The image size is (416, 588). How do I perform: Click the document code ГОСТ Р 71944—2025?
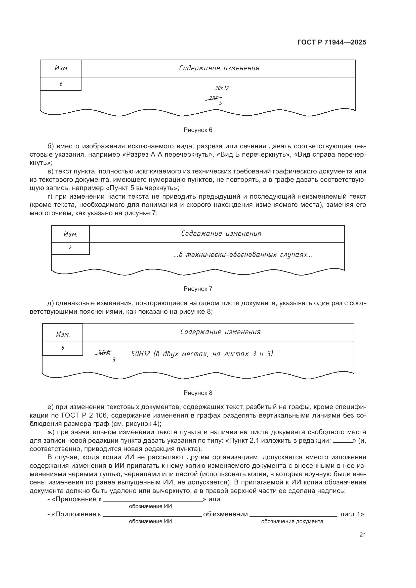(x=331, y=42)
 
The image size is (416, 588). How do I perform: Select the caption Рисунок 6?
(x=198, y=130)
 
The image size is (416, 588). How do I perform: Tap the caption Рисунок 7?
(x=198, y=289)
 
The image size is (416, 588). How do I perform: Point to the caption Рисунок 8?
(x=198, y=393)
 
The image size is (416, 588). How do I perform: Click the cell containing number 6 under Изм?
(x=61, y=84)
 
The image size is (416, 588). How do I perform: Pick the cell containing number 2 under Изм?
(x=70, y=248)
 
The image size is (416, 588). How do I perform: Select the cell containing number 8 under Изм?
(x=63, y=348)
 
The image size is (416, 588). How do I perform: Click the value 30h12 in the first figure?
(x=222, y=88)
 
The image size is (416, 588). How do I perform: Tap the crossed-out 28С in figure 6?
(x=213, y=98)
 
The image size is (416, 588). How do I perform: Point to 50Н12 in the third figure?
(x=140, y=354)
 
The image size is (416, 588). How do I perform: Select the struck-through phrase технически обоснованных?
(x=231, y=255)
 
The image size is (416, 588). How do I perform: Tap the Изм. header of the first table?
(x=61, y=68)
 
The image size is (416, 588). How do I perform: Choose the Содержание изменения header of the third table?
(x=220, y=332)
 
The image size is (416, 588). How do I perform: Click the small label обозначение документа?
(x=292, y=521)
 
